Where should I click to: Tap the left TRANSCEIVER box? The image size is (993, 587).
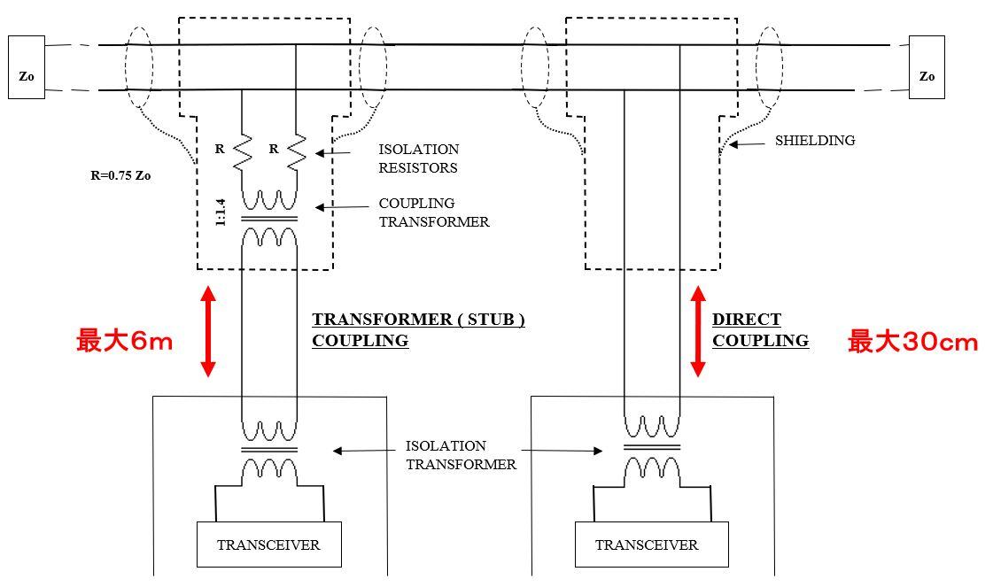268,545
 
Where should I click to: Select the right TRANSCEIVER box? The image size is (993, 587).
646,545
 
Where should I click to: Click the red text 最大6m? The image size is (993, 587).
124,341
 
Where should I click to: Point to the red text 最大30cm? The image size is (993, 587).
912,342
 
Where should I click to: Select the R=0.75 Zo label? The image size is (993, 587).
120,175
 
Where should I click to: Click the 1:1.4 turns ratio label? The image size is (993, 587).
221,212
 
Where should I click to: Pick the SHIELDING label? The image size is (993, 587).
815,140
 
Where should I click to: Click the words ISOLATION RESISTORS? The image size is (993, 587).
419,158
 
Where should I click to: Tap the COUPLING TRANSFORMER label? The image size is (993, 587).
433,212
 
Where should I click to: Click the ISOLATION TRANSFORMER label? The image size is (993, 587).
460,455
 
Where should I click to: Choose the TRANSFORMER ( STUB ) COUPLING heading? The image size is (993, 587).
417,329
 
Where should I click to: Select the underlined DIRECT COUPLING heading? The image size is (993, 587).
759,329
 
